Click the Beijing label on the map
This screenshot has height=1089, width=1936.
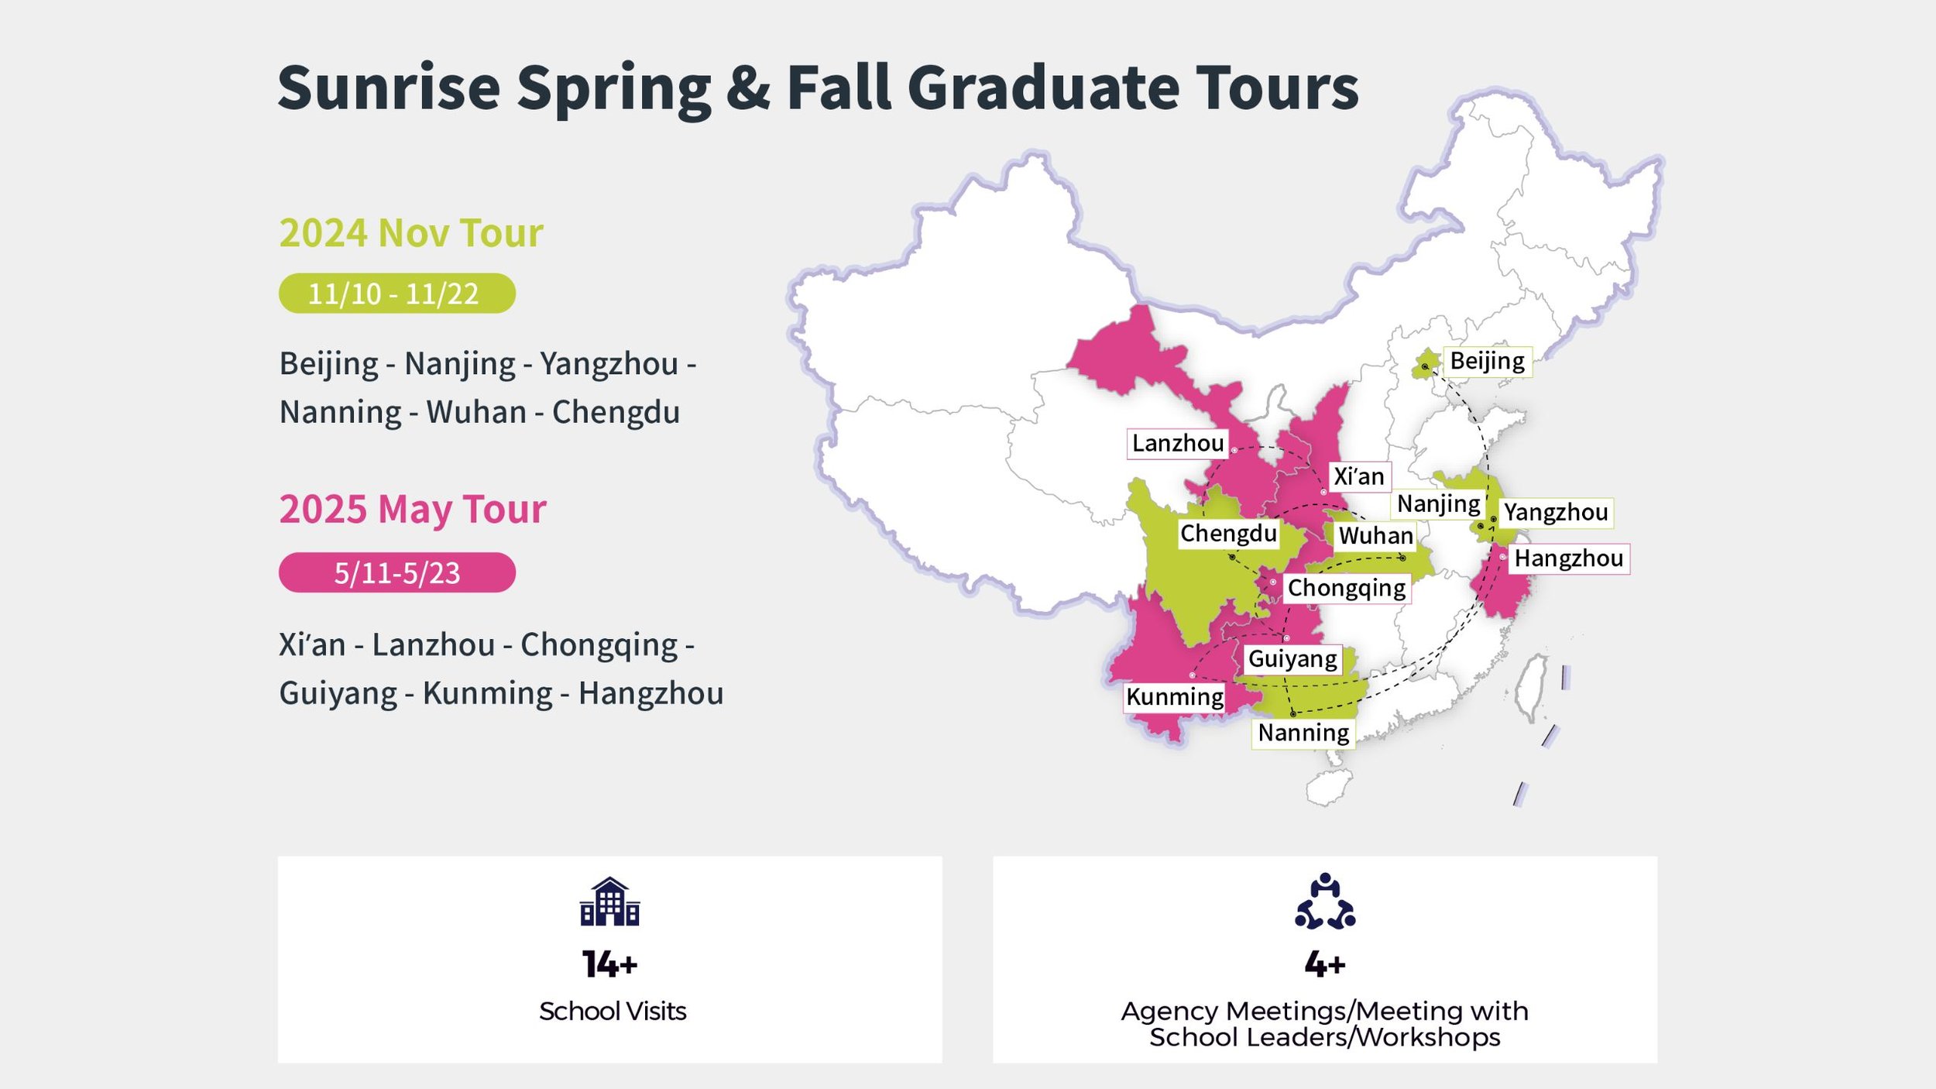[x=1487, y=362]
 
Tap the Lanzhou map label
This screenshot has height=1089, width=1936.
[x=1177, y=444]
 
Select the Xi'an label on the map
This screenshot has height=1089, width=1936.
[x=1358, y=476]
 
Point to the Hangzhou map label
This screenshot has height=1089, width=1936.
[x=1568, y=558]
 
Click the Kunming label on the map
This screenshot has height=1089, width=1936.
[x=1174, y=697]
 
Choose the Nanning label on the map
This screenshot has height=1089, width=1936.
[x=1303, y=733]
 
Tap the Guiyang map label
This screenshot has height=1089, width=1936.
[x=1292, y=659]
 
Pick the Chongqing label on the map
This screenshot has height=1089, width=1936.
[x=1346, y=588]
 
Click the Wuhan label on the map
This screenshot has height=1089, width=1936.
[x=1375, y=535]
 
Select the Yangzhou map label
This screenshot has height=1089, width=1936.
[x=1556, y=513]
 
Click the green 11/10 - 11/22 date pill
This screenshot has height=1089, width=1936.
[x=396, y=294]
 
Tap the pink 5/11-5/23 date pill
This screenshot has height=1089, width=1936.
[x=396, y=573]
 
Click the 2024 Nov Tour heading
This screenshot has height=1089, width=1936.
[x=411, y=233]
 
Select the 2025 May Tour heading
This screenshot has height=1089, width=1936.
[x=413, y=510]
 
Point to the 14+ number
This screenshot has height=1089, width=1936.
[x=609, y=964]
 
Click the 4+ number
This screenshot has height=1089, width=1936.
[x=1325, y=964]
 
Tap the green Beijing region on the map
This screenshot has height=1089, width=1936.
[x=1425, y=364]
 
